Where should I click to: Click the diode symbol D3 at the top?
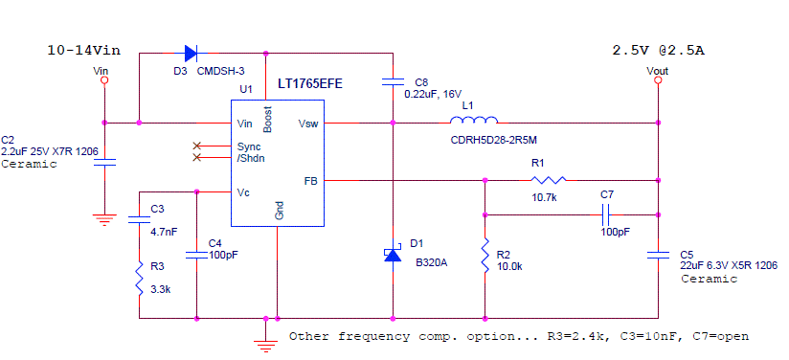pyautogui.click(x=190, y=53)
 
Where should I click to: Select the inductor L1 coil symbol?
pyautogui.click(x=474, y=121)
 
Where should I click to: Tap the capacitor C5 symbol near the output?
pyautogui.click(x=658, y=255)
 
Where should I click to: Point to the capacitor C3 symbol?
pyautogui.click(x=140, y=219)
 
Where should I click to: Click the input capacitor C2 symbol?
pyautogui.click(x=104, y=162)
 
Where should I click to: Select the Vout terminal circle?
pyautogui.click(x=658, y=81)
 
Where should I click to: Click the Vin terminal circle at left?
pyautogui.click(x=104, y=81)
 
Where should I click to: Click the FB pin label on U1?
pyautogui.click(x=310, y=180)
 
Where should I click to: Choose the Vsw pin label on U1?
pyautogui.click(x=309, y=124)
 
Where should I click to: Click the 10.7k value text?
pyautogui.click(x=545, y=196)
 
